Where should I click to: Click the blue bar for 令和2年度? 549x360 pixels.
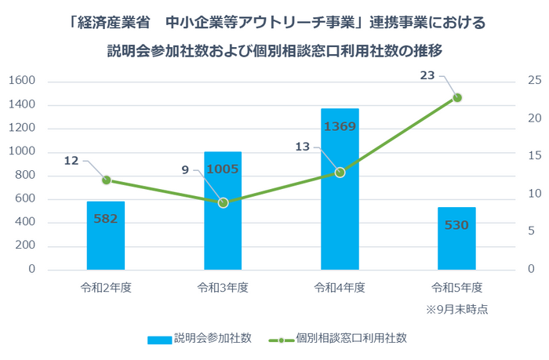point(105,235)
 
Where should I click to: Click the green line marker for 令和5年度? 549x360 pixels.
point(457,97)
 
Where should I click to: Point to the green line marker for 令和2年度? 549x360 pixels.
point(106,180)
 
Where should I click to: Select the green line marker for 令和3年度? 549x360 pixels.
point(223,202)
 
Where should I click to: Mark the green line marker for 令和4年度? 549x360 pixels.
point(340,172)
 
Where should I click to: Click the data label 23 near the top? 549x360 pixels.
point(427,75)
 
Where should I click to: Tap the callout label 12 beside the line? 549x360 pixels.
point(71,160)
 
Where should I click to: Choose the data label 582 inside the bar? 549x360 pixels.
point(105,219)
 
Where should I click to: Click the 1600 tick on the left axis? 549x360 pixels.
point(23,81)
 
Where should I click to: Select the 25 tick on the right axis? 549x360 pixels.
point(534,81)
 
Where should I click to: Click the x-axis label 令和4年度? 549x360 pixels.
point(340,287)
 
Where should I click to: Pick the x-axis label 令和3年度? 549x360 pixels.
point(223,287)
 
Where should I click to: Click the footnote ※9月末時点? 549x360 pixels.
point(456,309)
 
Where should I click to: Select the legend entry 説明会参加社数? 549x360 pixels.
point(200,338)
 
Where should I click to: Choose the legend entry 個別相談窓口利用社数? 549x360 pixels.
point(341,338)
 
